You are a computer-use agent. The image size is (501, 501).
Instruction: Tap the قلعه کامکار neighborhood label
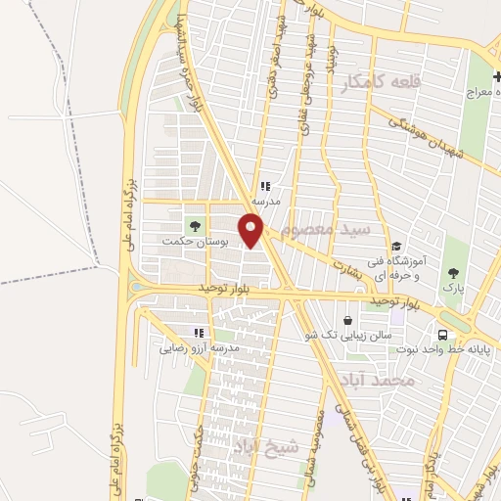[380, 83]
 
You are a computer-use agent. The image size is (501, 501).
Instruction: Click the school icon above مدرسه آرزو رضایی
[200, 333]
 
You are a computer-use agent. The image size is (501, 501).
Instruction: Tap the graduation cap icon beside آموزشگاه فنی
[395, 246]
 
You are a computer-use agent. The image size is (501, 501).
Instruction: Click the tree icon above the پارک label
[452, 274]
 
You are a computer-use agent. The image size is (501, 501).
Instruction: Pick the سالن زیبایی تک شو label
[349, 335]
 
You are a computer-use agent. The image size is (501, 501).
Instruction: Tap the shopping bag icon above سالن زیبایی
[348, 320]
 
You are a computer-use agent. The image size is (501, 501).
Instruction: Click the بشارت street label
[346, 266]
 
